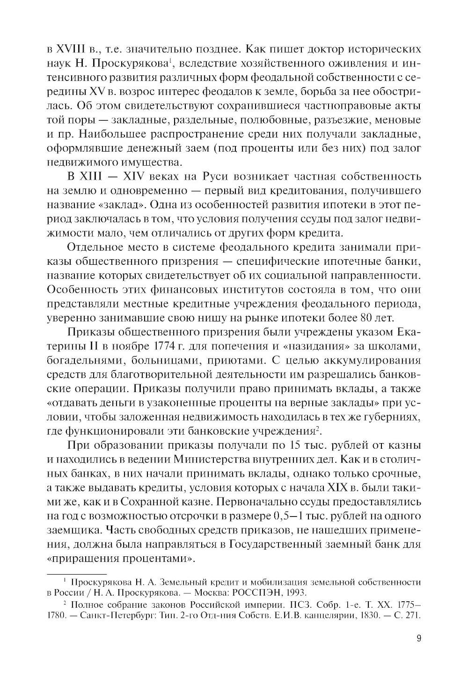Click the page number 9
click(x=419, y=639)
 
